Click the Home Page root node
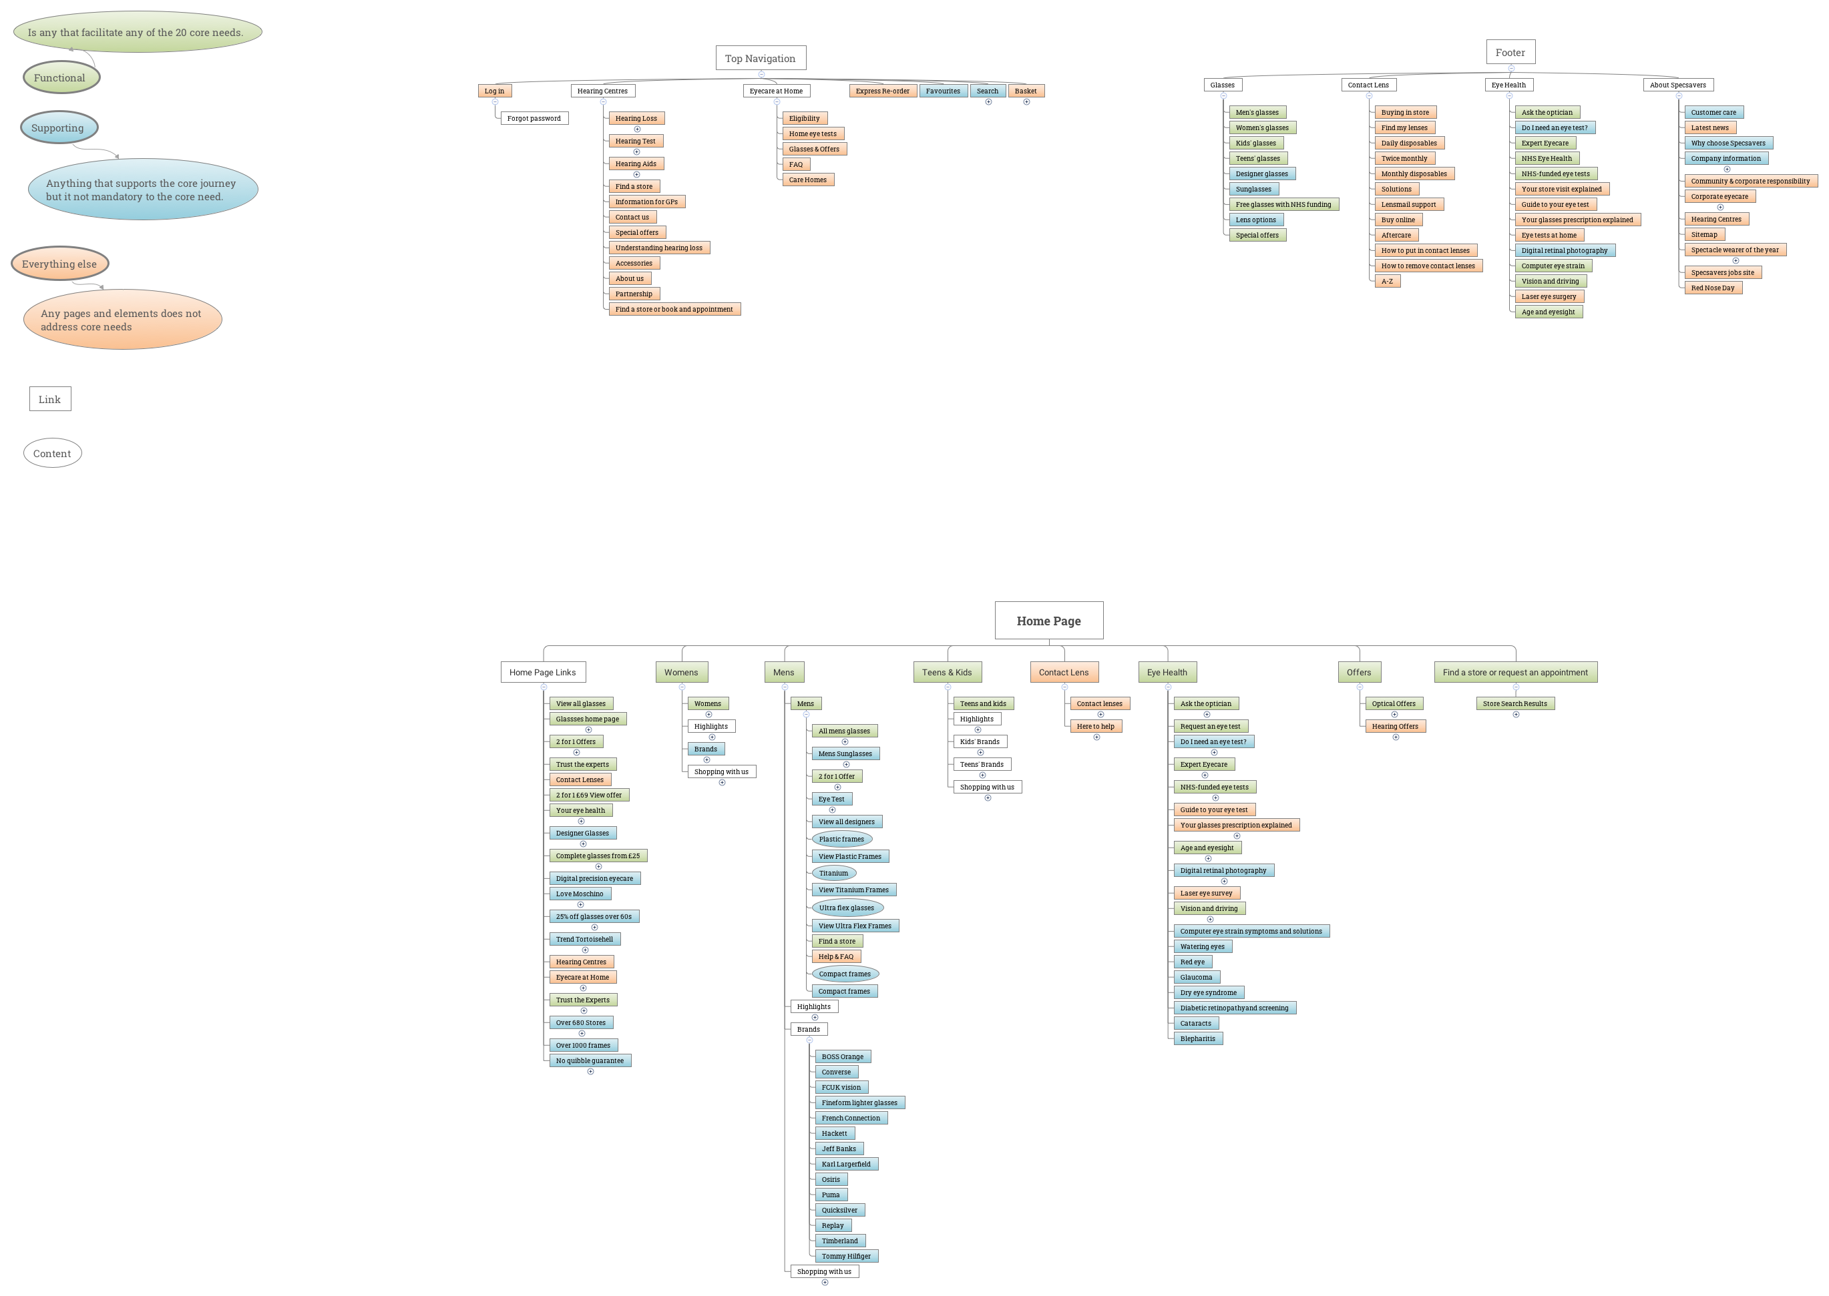[1048, 620]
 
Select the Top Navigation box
[760, 58]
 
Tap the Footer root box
[1510, 52]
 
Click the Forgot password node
[534, 118]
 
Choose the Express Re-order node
[882, 91]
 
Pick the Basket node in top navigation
[1026, 91]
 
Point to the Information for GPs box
[646, 202]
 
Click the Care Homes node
[808, 180]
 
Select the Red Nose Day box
[1712, 288]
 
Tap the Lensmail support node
[1408, 204]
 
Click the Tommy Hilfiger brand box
[845, 1256]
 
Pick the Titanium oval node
[833, 873]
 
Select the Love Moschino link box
[580, 894]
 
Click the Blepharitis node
[1197, 1038]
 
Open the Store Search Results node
[1514, 704]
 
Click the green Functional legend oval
[60, 77]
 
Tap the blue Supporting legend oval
[58, 127]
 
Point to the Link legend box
[50, 399]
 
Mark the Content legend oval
[53, 453]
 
